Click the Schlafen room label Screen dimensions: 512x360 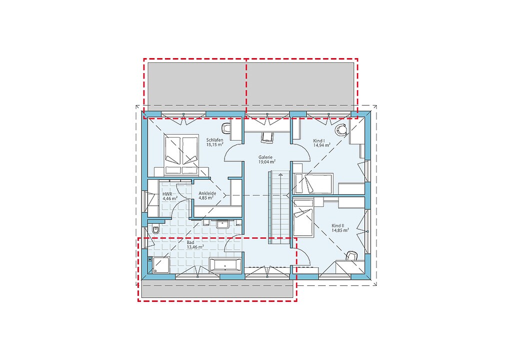click(x=214, y=140)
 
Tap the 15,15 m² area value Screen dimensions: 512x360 click(x=214, y=144)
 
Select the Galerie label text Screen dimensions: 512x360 click(x=265, y=157)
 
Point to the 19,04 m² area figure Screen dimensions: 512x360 click(x=267, y=162)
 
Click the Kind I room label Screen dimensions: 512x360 click(x=318, y=141)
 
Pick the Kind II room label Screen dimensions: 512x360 click(x=338, y=226)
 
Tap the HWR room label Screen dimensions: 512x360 click(x=167, y=194)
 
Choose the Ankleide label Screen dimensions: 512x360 click(x=207, y=194)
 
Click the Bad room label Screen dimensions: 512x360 click(x=190, y=243)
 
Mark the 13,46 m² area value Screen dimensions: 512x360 click(x=195, y=247)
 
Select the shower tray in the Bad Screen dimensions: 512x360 click(x=160, y=264)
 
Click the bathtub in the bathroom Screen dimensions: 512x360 click(x=225, y=264)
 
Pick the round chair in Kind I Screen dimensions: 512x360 click(x=341, y=130)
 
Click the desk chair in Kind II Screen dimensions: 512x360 click(x=351, y=256)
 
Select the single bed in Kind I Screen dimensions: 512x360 click(x=314, y=184)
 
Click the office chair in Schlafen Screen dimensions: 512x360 click(x=226, y=129)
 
